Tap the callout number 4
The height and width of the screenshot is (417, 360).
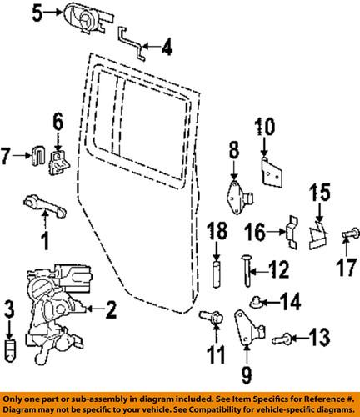point(167,48)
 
